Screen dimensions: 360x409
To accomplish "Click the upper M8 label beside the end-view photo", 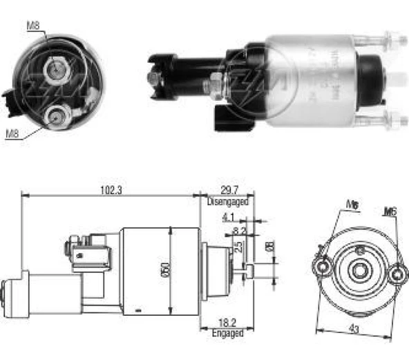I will coord(33,27).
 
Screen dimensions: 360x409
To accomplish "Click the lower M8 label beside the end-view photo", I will coord(12,133).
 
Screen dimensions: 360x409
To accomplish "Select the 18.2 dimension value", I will coord(227,323).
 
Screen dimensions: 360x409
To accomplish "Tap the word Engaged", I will coord(227,333).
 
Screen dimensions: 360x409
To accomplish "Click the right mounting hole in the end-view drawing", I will coord(396,274).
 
